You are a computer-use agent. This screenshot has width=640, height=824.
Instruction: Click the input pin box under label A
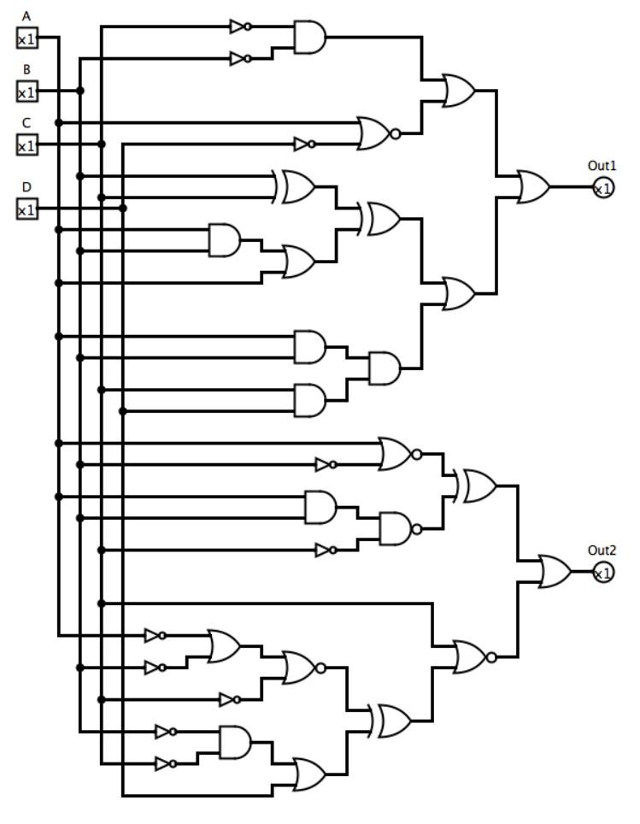click(x=27, y=38)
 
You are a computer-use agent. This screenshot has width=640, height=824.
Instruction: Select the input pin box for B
click(x=27, y=91)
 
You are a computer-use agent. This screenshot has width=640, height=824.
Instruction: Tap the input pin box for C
click(x=27, y=144)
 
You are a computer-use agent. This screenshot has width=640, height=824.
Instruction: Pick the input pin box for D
click(x=27, y=209)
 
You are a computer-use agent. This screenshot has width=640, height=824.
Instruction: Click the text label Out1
click(x=602, y=165)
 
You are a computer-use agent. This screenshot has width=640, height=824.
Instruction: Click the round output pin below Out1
click(x=602, y=187)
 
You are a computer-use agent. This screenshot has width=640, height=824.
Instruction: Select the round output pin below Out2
click(x=602, y=572)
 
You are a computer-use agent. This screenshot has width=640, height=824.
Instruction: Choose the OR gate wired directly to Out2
click(x=555, y=572)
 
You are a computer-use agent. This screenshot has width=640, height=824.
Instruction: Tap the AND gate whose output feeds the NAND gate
click(x=320, y=507)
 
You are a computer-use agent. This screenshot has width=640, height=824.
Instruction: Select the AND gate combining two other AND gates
click(x=384, y=368)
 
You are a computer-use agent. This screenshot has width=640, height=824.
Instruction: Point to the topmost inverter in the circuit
click(x=239, y=26)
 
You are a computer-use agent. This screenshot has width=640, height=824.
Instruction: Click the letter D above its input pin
click(x=26, y=187)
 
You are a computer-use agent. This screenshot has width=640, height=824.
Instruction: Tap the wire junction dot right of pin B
click(x=80, y=91)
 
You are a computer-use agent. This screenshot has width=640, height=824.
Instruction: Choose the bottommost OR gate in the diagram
click(x=309, y=774)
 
